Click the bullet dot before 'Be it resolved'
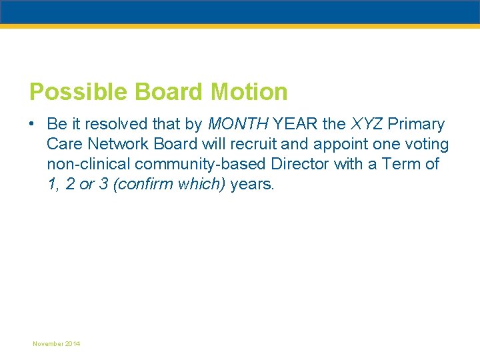[x=32, y=125]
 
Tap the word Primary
[x=416, y=125]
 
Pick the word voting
[x=426, y=144]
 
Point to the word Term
[x=399, y=164]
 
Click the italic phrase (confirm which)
[x=170, y=184]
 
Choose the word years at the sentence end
[x=251, y=184]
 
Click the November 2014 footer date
[x=57, y=343]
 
